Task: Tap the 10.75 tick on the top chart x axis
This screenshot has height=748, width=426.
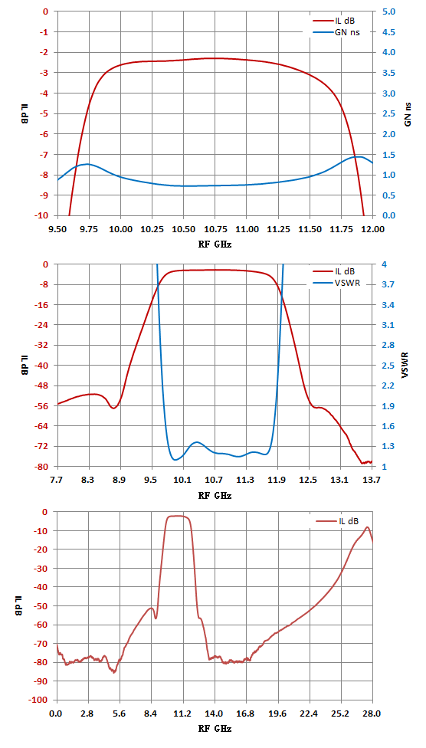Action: point(215,228)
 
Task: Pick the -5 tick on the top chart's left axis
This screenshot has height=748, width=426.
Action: point(45,113)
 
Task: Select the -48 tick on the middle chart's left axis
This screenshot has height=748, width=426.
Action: point(44,385)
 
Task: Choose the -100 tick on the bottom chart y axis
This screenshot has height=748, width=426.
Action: point(41,700)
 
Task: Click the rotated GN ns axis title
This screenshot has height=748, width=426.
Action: point(408,113)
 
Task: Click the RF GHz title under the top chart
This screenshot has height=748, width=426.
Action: point(215,244)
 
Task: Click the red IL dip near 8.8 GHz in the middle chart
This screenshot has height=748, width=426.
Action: point(113,408)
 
